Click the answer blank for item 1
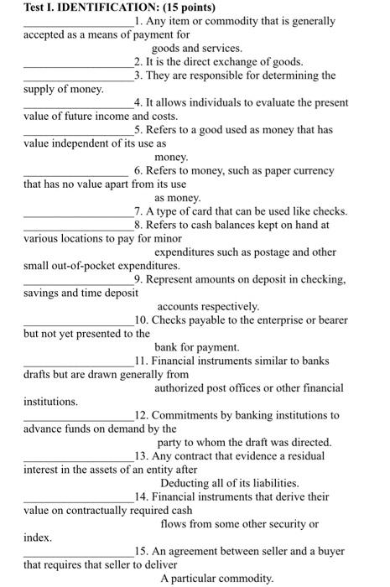(x=78, y=23)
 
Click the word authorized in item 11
(x=180, y=387)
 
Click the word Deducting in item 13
(x=185, y=483)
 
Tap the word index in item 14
(x=38, y=538)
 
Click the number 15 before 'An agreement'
(x=140, y=551)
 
